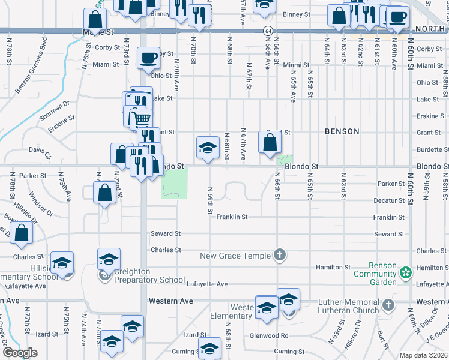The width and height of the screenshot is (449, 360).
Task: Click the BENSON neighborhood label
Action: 342,131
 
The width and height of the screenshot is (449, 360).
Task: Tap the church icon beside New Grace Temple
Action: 279,256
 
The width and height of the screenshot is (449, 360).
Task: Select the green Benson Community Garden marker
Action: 406,273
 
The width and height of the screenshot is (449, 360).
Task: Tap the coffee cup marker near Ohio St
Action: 148,58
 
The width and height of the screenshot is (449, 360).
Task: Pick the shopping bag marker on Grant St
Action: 270,142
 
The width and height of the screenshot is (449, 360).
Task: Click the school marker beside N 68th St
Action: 208,147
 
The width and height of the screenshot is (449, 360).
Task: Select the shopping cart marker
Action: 142,119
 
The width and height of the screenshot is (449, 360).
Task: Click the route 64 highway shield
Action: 267,30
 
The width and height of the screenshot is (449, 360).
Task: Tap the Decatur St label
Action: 388,200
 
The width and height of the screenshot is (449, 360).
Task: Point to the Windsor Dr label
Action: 40,204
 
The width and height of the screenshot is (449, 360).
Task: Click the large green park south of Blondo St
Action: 174,182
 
